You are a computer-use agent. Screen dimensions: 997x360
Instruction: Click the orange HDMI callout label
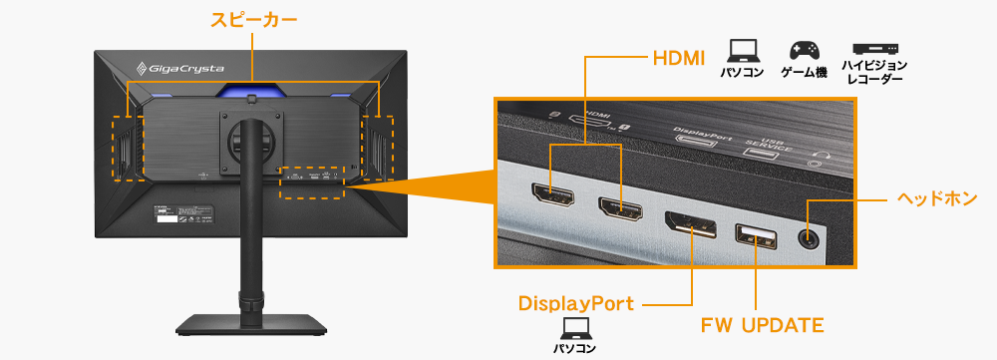[679, 57]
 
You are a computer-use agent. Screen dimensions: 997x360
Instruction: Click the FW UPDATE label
[763, 325]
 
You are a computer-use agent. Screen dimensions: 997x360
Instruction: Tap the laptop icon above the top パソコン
[743, 49]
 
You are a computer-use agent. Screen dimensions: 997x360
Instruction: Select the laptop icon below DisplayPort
[575, 327]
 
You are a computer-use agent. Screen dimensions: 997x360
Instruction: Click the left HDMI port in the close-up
[550, 200]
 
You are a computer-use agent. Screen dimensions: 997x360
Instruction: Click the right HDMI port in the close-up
[618, 209]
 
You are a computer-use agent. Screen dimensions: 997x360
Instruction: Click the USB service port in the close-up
[756, 237]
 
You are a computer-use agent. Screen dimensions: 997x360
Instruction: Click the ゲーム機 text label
[804, 74]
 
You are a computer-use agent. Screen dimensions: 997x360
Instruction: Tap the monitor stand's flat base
[251, 325]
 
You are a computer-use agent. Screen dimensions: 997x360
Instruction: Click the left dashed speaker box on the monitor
[125, 149]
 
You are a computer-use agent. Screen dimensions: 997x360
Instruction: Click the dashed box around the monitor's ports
[312, 181]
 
